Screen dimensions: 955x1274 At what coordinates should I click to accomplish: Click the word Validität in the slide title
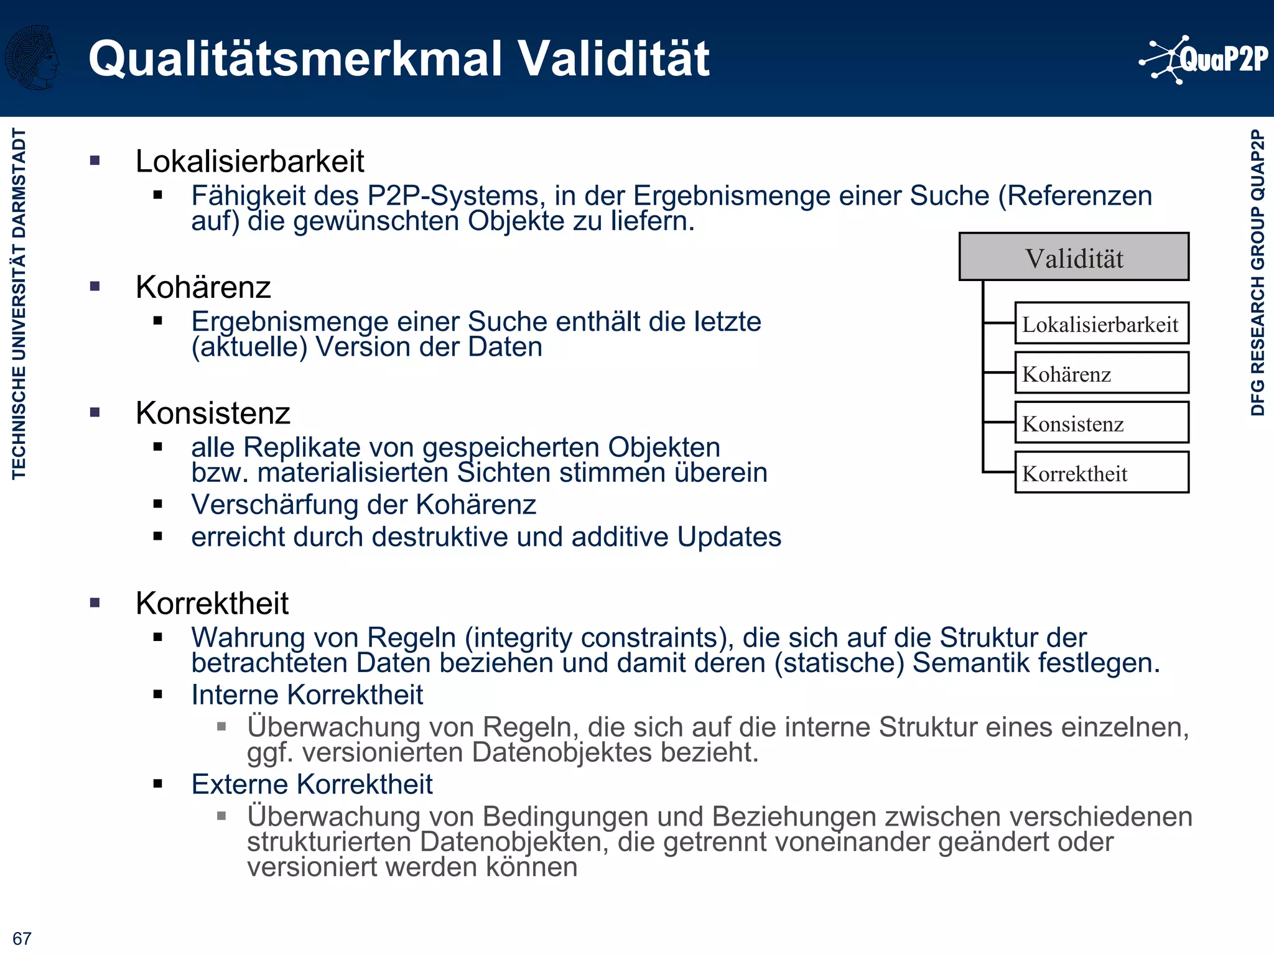[x=614, y=59]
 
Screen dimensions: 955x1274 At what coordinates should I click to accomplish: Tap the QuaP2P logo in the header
[x=1204, y=60]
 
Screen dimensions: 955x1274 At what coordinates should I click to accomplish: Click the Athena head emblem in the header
[x=32, y=57]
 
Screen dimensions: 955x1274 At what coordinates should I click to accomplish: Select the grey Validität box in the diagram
[x=1074, y=257]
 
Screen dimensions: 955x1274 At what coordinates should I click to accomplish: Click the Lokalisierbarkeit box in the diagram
[x=1101, y=324]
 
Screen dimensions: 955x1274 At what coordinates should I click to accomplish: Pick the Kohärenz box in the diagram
[x=1101, y=374]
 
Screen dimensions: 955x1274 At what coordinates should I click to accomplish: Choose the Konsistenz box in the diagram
[x=1101, y=423]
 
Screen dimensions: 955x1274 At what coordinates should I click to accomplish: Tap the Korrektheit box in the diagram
[x=1101, y=473]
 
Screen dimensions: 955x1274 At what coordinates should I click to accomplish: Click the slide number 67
[x=22, y=938]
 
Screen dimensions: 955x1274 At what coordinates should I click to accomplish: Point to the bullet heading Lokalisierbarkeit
[x=249, y=162]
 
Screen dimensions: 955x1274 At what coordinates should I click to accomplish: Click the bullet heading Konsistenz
[x=213, y=413]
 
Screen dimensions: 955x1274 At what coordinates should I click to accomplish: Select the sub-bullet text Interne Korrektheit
[x=307, y=694]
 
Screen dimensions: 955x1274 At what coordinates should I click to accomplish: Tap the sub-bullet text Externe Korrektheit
[x=312, y=784]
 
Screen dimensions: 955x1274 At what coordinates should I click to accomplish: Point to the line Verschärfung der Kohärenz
[x=363, y=504]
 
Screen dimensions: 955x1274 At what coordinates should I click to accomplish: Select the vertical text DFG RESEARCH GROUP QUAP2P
[x=1258, y=272]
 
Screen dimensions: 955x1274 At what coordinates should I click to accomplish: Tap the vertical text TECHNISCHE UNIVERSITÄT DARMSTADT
[x=19, y=303]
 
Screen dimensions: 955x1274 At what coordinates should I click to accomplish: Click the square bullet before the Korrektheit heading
[x=95, y=602]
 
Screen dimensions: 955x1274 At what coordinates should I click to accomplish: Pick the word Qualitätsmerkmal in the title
[x=295, y=59]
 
